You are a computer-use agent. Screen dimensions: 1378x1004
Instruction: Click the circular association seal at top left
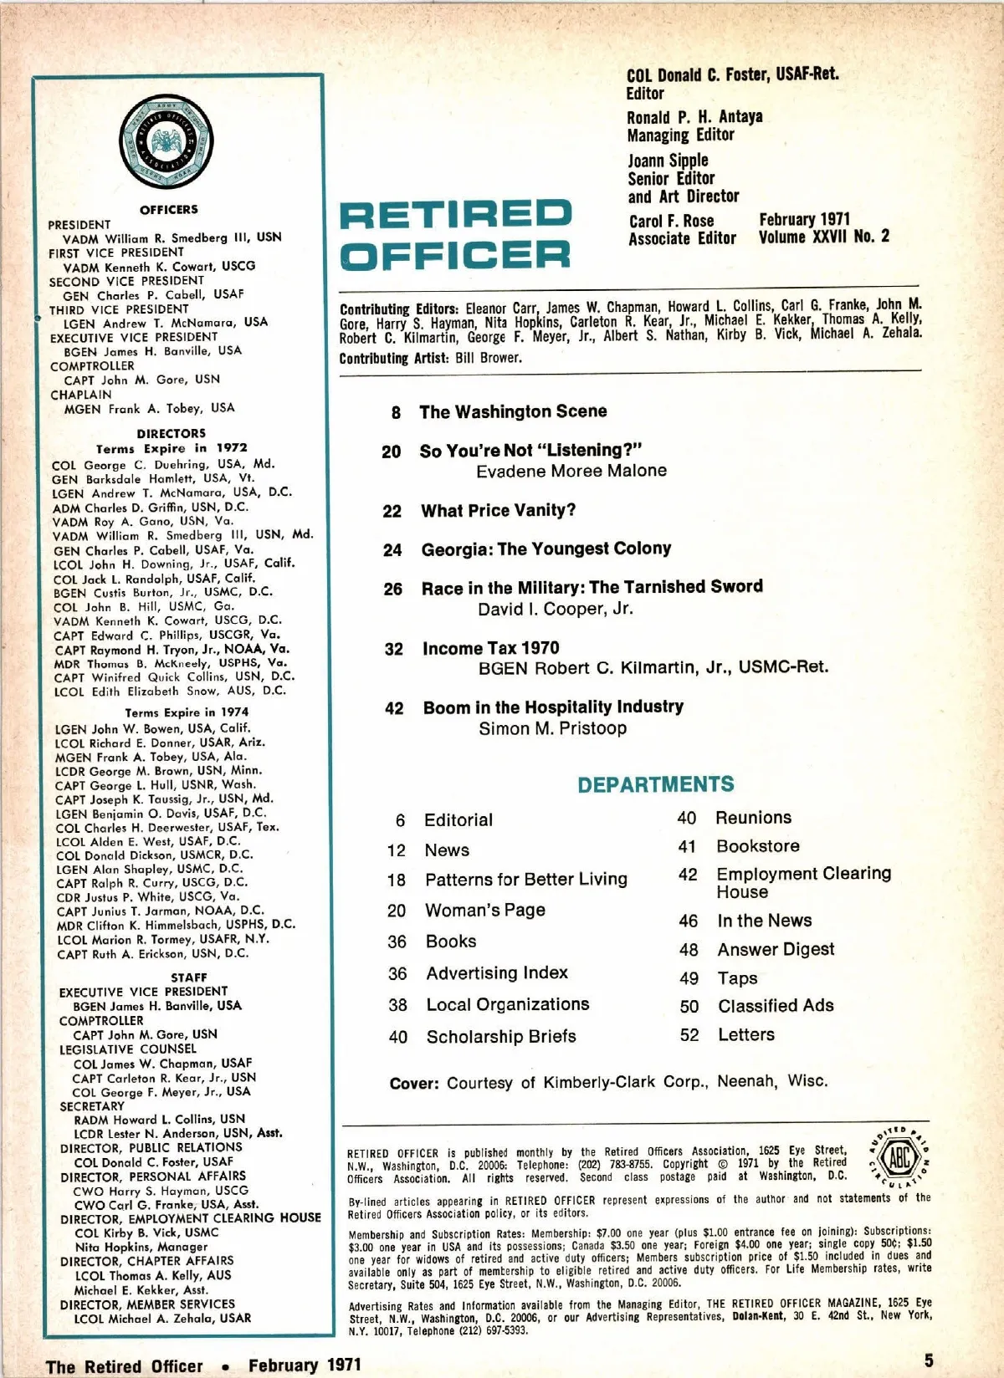tap(166, 140)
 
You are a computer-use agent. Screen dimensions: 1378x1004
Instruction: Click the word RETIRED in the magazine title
tap(455, 215)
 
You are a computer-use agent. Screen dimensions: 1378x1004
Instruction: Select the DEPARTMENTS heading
tap(655, 784)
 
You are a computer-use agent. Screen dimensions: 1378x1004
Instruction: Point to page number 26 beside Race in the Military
tap(393, 589)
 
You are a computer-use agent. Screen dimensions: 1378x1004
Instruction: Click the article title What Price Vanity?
tap(498, 510)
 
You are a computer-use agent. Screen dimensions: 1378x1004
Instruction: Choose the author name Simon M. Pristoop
tap(552, 728)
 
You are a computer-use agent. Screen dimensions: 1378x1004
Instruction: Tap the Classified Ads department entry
tap(776, 1005)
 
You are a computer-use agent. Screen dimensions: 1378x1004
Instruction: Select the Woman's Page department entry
tap(485, 910)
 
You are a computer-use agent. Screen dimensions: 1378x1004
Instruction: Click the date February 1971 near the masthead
tap(804, 219)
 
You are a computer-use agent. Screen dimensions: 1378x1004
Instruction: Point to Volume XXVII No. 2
tap(823, 237)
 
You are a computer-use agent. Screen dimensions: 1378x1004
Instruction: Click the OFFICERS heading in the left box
tap(169, 209)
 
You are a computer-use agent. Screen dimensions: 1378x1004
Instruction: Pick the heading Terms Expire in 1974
tap(187, 712)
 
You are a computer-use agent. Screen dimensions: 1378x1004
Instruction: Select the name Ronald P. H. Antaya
tap(695, 116)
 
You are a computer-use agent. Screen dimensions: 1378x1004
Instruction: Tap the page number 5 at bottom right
tap(929, 1360)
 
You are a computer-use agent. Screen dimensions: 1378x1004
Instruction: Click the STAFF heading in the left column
tap(189, 977)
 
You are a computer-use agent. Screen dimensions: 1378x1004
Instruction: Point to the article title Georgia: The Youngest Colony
tap(546, 549)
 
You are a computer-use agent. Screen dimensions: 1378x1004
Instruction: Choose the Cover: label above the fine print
tap(413, 1084)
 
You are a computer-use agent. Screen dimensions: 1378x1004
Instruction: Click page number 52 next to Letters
tap(689, 1034)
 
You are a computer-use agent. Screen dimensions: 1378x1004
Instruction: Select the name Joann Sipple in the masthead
tap(668, 160)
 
